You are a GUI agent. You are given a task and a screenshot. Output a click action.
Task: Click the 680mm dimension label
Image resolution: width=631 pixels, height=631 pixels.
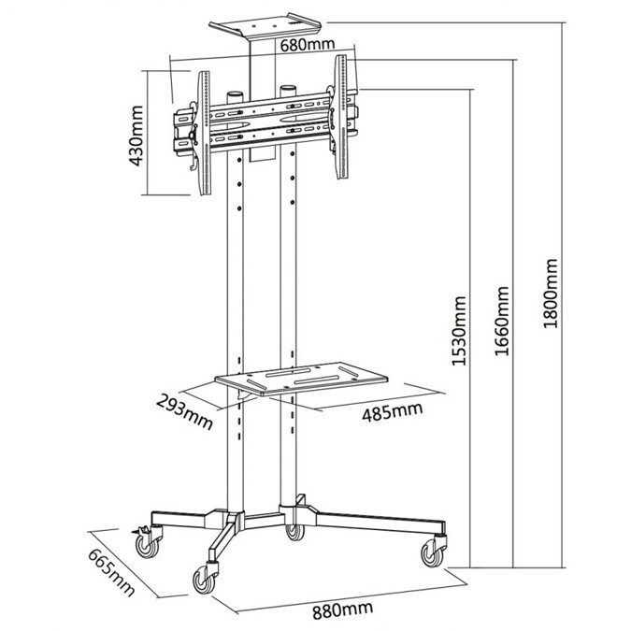tap(308, 45)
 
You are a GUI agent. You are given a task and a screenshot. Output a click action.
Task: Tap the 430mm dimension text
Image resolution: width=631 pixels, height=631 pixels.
tap(136, 136)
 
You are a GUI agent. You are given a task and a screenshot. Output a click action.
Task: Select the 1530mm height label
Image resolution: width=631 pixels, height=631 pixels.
tap(459, 331)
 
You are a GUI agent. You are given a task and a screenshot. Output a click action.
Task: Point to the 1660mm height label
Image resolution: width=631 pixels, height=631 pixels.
tap(502, 321)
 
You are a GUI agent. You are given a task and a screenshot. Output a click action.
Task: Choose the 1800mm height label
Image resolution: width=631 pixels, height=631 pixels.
tap(551, 294)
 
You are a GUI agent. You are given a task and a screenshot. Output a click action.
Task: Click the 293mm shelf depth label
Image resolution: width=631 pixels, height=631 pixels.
tap(185, 412)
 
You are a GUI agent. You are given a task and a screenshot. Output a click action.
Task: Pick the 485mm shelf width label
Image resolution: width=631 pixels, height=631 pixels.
tap(393, 411)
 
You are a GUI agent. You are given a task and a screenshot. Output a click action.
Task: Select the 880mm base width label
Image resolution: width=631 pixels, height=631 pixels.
tap(342, 609)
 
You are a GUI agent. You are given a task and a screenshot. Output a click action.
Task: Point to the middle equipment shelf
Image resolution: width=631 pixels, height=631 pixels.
tap(301, 379)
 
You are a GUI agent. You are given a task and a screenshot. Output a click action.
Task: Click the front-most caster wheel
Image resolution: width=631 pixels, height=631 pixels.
tap(204, 581)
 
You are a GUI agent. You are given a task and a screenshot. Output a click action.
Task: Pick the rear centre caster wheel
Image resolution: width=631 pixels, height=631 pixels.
tap(294, 531)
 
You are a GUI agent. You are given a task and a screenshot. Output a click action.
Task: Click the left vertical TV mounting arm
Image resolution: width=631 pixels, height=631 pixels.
tap(204, 133)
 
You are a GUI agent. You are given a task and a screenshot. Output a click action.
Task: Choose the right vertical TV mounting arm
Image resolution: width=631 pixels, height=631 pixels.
tap(341, 117)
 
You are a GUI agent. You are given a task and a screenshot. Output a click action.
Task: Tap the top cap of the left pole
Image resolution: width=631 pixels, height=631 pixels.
tap(235, 98)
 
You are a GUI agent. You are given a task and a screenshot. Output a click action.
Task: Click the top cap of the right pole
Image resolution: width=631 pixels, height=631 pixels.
tap(288, 91)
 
